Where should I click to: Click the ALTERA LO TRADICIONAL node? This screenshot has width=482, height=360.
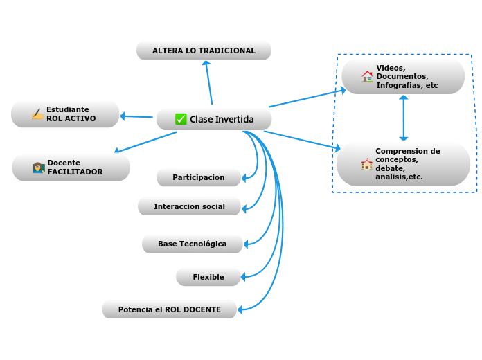point(204,51)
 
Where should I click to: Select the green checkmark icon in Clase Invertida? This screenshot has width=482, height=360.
point(181,119)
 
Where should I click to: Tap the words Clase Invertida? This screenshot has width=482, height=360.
point(222,120)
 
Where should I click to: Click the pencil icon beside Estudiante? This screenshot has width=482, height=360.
point(37,114)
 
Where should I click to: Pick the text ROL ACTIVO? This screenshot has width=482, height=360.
point(71,119)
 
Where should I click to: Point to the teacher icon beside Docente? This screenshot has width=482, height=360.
point(38,168)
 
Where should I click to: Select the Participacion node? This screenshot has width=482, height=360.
point(199,177)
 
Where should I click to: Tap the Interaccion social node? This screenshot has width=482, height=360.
point(189,206)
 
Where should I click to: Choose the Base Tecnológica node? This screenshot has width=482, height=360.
point(193,244)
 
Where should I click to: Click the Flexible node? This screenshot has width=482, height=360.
point(208,277)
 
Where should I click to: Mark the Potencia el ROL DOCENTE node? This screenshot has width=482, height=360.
point(170,309)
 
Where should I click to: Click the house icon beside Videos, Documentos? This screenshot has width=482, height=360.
point(367,76)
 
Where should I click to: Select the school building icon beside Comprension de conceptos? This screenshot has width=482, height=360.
point(366,165)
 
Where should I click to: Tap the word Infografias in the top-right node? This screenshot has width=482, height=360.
point(398,86)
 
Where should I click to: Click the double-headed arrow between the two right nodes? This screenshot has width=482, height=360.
point(403,118)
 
